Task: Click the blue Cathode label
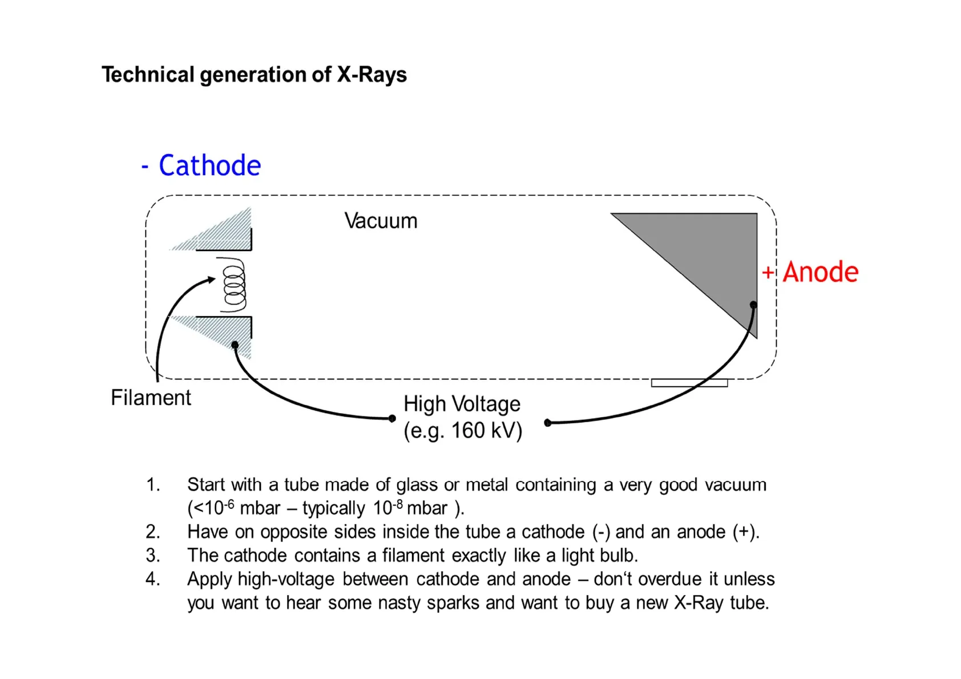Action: point(210,165)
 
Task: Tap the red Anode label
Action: point(820,272)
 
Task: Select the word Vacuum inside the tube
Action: point(381,221)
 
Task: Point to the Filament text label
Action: point(151,397)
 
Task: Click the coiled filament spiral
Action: point(233,285)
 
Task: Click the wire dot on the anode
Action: point(753,305)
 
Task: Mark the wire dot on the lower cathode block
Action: point(235,345)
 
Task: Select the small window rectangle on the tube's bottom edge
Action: point(689,383)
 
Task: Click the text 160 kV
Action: point(487,430)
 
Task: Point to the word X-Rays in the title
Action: point(372,75)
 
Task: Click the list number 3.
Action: point(152,555)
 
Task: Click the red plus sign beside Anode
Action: point(768,272)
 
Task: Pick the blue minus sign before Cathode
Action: point(145,167)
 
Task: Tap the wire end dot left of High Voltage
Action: point(392,418)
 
